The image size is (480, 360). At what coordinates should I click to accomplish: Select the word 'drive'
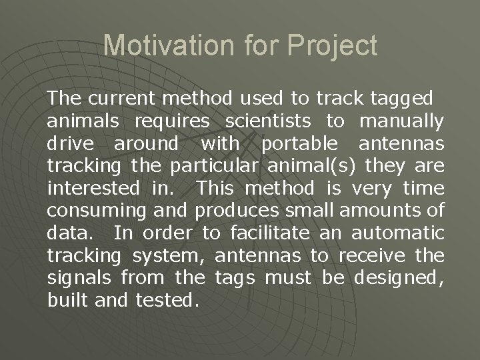(x=71, y=143)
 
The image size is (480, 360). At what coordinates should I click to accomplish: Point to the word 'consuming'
(x=93, y=211)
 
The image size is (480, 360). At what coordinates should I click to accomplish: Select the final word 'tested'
(x=166, y=300)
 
